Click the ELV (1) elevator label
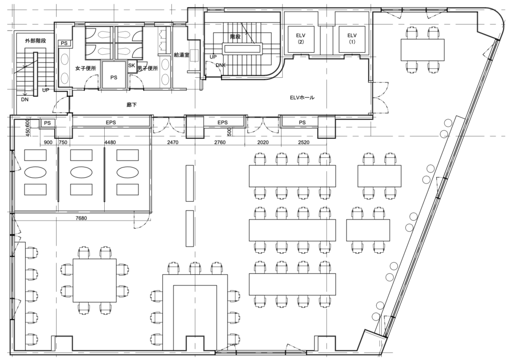tap(352, 38)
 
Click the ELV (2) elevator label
tap(301, 38)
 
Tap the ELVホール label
tap(302, 97)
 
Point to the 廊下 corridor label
tap(132, 105)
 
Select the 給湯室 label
tap(181, 55)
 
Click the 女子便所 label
tap(85, 69)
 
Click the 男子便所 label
tap(148, 69)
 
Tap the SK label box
tap(132, 66)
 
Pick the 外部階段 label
tap(36, 41)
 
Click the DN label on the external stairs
tap(25, 99)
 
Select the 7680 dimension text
tap(81, 218)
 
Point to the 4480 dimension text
tap(110, 142)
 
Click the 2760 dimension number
tap(219, 142)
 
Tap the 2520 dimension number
tap(303, 142)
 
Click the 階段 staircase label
tap(235, 37)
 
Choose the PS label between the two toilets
tap(114, 78)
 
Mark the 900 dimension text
tap(48, 142)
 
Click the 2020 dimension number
tap(263, 142)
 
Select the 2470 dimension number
tap(172, 142)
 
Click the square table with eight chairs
tap(95, 280)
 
